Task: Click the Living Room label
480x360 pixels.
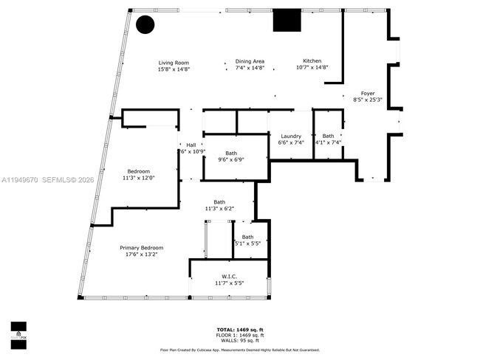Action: [x=174, y=63]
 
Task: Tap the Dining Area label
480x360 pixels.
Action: [x=250, y=61]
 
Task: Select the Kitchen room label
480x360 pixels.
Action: [x=312, y=61]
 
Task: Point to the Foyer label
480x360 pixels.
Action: [x=367, y=93]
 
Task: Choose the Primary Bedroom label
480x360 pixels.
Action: [x=141, y=248]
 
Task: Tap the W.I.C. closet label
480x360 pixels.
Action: [x=229, y=277]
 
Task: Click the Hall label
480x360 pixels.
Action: [x=191, y=145]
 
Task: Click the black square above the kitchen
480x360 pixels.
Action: [x=287, y=20]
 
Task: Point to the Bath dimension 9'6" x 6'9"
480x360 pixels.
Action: [x=230, y=159]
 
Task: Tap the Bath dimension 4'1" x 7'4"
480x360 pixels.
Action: [x=328, y=142]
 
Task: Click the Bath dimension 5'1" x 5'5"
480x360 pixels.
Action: [x=247, y=243]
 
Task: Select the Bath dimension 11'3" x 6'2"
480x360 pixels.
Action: [x=219, y=209]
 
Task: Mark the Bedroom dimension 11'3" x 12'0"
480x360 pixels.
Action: [x=138, y=178]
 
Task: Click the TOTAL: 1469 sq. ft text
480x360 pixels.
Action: [x=240, y=330]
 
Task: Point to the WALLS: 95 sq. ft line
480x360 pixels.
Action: [x=240, y=340]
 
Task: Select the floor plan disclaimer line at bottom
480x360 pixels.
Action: [x=240, y=350]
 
